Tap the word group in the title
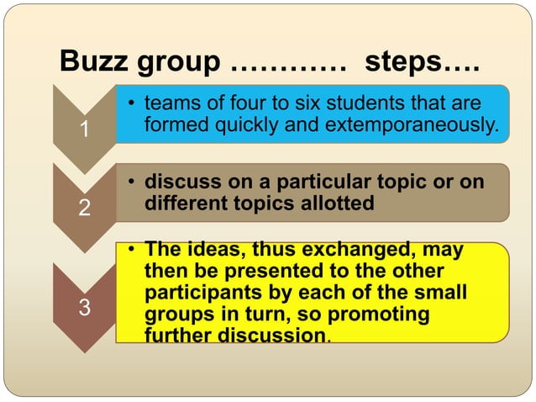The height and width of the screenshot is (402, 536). point(180,63)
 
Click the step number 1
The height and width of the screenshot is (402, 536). point(82,130)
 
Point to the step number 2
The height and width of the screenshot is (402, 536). point(82,209)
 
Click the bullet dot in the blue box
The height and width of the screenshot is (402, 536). point(132,104)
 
